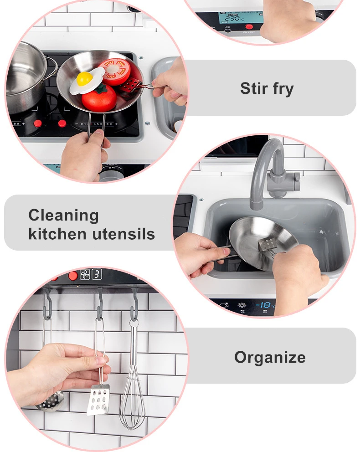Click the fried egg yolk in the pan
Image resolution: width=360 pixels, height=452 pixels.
coord(84,78)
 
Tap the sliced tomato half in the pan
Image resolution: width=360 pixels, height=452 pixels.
coord(115,72)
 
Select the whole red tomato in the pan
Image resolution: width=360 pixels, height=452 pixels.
coord(99,98)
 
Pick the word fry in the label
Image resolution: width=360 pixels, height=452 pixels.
coord(283,89)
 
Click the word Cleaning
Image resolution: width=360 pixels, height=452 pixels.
coord(63,216)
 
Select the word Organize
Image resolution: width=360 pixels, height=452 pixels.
coord(270,358)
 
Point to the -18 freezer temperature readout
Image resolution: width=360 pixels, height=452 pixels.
coord(264,305)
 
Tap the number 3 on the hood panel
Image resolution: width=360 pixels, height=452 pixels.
coord(97,274)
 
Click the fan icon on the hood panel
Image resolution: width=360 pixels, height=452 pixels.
coord(85,274)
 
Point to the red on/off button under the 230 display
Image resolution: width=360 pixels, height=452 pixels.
coord(249,27)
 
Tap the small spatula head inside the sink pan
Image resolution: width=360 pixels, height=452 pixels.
coord(266,244)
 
